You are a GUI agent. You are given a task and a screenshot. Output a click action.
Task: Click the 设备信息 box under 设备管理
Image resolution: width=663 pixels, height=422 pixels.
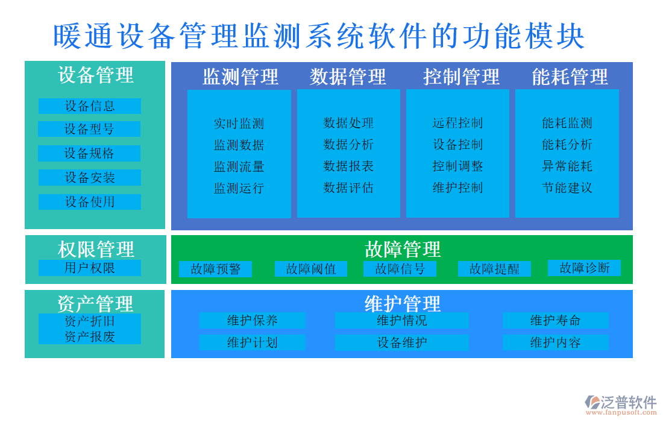tap(89, 106)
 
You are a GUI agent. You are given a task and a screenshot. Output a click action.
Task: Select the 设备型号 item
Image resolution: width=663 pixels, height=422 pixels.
tap(89, 129)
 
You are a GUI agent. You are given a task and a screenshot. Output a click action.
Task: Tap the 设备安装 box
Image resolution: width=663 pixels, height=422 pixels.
tap(89, 177)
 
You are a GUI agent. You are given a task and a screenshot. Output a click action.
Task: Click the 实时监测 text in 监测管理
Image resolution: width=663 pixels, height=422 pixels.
tap(239, 124)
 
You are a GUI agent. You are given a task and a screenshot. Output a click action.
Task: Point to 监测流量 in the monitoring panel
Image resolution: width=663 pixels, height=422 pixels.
tap(239, 166)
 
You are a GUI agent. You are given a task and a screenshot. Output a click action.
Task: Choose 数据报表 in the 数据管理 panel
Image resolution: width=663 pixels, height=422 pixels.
tap(348, 166)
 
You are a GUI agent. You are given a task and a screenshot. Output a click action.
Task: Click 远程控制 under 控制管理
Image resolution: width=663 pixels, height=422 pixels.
tap(457, 123)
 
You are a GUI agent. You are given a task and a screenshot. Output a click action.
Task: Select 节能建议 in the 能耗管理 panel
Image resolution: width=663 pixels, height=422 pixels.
tap(567, 187)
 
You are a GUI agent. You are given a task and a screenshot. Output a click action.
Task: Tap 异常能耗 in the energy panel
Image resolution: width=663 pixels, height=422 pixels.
tap(567, 166)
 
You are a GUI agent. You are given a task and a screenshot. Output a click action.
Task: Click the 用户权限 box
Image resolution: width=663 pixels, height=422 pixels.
tap(89, 268)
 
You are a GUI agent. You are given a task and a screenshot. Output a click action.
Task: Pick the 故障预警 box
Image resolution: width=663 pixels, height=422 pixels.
tap(215, 269)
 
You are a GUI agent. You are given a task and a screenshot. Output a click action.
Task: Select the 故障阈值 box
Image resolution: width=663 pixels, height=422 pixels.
tap(310, 269)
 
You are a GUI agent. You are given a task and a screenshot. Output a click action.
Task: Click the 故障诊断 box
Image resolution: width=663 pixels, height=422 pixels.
tap(584, 268)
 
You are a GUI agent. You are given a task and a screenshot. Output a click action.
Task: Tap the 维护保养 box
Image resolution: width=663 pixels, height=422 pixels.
tap(252, 320)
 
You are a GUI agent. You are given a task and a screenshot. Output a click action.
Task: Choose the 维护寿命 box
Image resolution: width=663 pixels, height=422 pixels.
tap(555, 320)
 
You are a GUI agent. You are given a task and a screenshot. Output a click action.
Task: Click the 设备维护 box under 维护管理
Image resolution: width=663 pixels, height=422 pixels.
tap(401, 342)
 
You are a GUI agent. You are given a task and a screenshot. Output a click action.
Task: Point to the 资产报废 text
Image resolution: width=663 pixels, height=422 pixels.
tap(89, 336)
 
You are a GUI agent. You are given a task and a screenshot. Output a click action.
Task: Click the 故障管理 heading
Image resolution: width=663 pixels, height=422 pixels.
tap(402, 248)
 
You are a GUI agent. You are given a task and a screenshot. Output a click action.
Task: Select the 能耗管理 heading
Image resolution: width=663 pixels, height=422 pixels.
tap(570, 77)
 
